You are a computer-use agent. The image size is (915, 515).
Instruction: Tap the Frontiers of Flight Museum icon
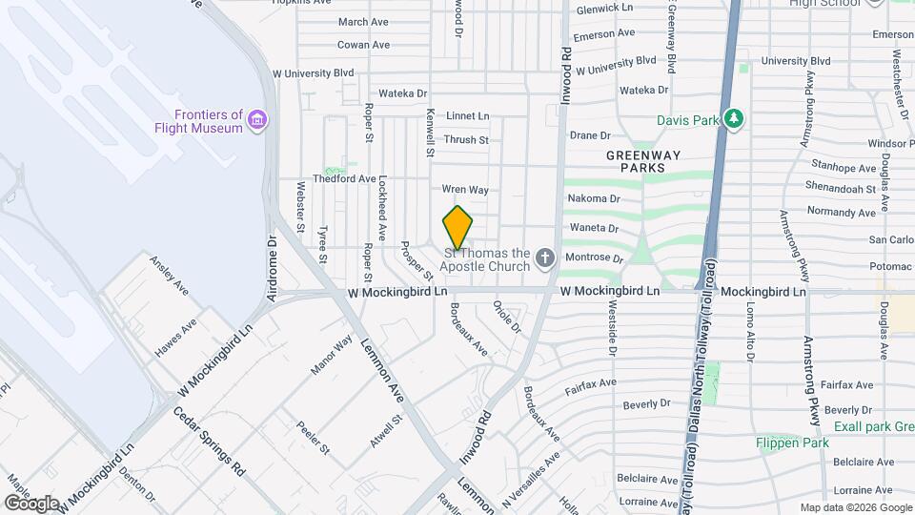click(x=256, y=120)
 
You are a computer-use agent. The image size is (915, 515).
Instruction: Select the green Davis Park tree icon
click(x=732, y=119)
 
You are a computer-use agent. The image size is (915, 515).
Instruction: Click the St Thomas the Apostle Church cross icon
click(x=544, y=257)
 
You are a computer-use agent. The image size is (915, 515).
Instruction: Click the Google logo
click(x=31, y=503)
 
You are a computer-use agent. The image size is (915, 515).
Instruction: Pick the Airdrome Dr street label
click(x=273, y=270)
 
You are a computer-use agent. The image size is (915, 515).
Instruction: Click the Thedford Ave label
click(x=345, y=178)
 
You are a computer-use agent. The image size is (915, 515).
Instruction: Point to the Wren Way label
click(x=466, y=190)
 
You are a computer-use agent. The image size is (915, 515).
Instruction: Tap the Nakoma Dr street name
click(x=594, y=198)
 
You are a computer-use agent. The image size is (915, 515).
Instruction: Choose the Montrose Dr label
click(x=595, y=258)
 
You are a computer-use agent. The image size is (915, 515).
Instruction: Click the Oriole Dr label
click(x=507, y=317)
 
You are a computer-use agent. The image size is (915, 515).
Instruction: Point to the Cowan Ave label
click(x=363, y=45)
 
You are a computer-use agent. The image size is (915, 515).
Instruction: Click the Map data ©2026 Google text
click(x=855, y=507)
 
